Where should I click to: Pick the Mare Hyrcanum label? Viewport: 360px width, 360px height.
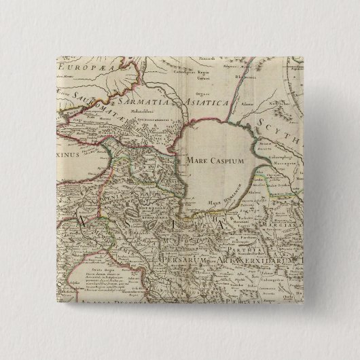217,202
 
